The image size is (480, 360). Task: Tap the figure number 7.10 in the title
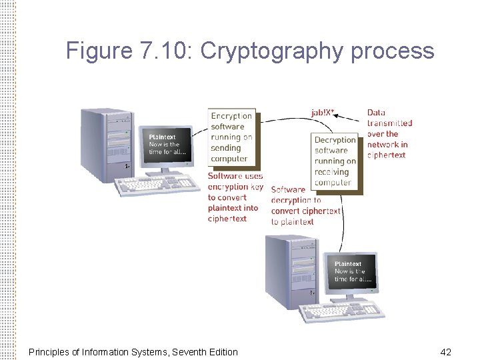click(x=164, y=51)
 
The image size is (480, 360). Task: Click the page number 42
click(x=445, y=351)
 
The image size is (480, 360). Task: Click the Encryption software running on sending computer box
click(x=231, y=137)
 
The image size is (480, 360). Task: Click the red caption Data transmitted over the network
click(x=389, y=134)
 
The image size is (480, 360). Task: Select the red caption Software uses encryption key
click(x=235, y=197)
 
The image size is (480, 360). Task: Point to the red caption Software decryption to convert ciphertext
click(x=305, y=206)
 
